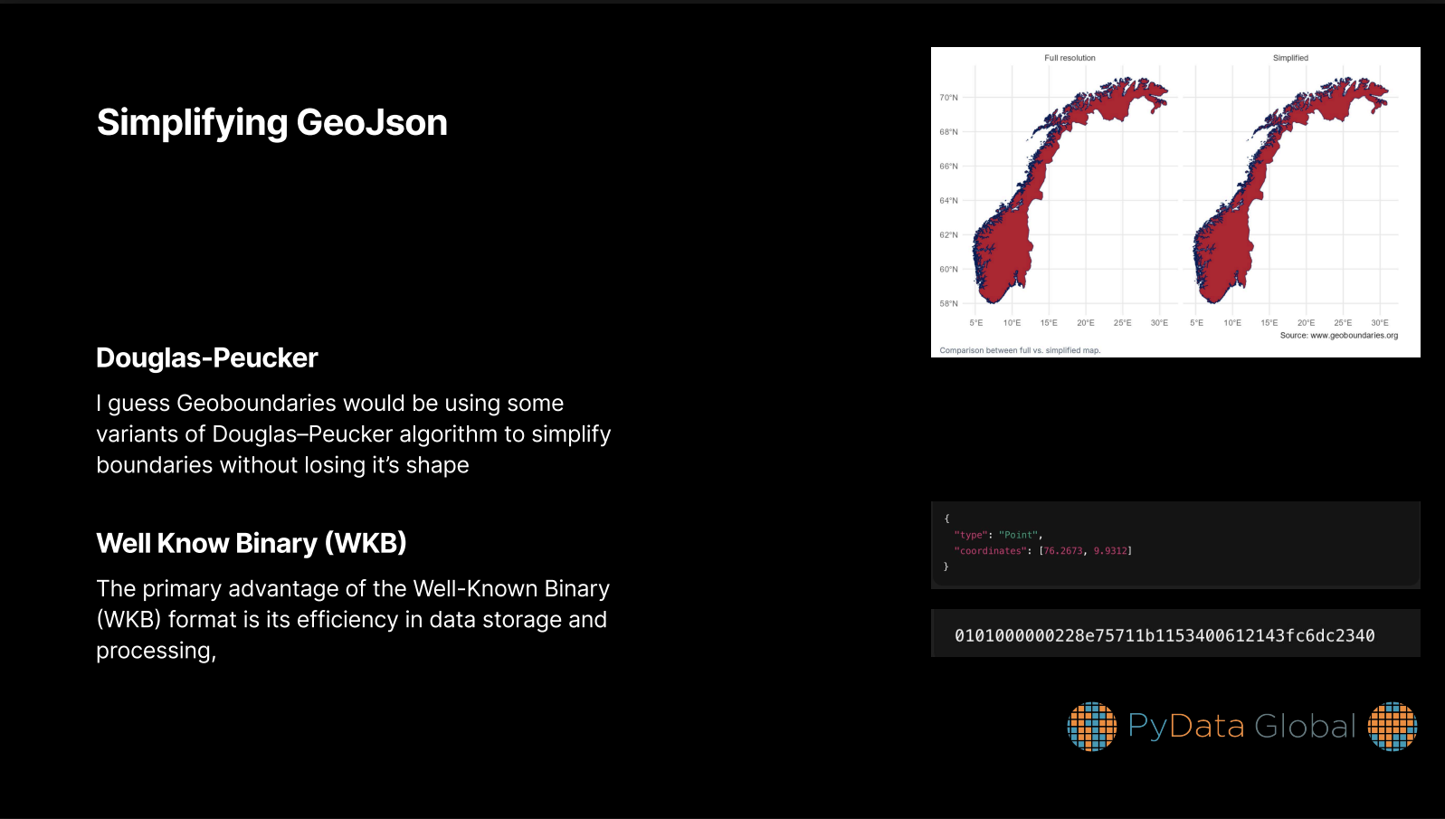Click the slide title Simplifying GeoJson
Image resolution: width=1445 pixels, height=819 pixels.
tap(271, 123)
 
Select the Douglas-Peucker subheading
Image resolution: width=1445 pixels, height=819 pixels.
tap(207, 358)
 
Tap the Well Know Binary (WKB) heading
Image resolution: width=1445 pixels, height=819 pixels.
tap(252, 543)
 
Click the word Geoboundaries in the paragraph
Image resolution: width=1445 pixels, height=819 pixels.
tap(256, 404)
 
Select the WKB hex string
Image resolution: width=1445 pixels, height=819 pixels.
tap(1165, 635)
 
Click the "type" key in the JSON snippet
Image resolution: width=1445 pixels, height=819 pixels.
tap(971, 535)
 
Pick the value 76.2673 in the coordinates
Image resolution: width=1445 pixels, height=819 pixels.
tap(1063, 550)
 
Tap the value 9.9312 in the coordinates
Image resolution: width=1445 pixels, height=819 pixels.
tap(1110, 550)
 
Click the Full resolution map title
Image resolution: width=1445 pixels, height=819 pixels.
tap(1069, 58)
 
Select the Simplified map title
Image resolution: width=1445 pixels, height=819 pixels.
tap(1290, 58)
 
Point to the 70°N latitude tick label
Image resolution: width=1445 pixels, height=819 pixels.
tap(948, 98)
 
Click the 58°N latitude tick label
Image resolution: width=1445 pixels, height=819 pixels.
tap(948, 303)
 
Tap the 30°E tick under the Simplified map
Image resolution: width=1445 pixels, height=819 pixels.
tap(1380, 323)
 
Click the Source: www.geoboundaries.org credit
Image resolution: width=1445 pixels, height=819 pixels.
tap(1338, 336)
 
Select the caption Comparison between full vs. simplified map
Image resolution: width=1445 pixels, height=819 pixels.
tap(1020, 350)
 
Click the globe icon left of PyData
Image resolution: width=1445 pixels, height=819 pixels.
tap(1091, 727)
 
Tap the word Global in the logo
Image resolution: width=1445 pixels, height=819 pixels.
tap(1305, 727)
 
